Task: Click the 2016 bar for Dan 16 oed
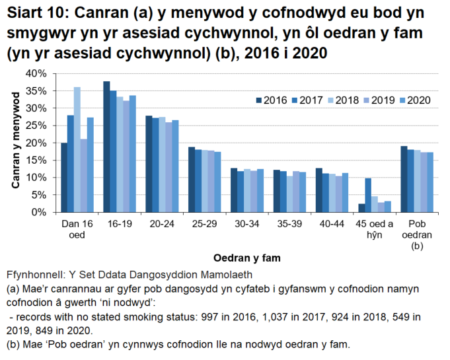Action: coord(64,178)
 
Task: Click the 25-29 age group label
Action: coord(204,225)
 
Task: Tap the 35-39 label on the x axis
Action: coord(289,225)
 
